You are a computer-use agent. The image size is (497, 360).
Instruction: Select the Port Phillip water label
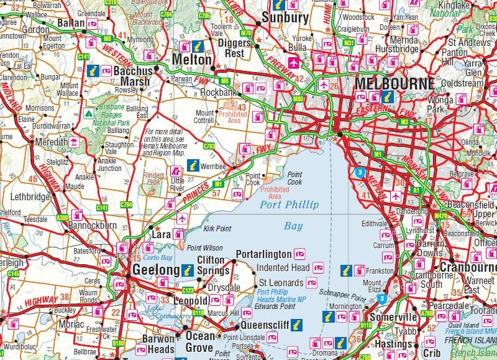click(x=289, y=205)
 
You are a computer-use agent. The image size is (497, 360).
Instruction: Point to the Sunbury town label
click(x=285, y=18)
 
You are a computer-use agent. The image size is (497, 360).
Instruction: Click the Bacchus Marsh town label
click(x=132, y=76)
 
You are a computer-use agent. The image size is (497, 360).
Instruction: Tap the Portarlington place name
click(x=263, y=254)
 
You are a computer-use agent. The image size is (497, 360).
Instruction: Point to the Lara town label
click(x=162, y=236)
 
